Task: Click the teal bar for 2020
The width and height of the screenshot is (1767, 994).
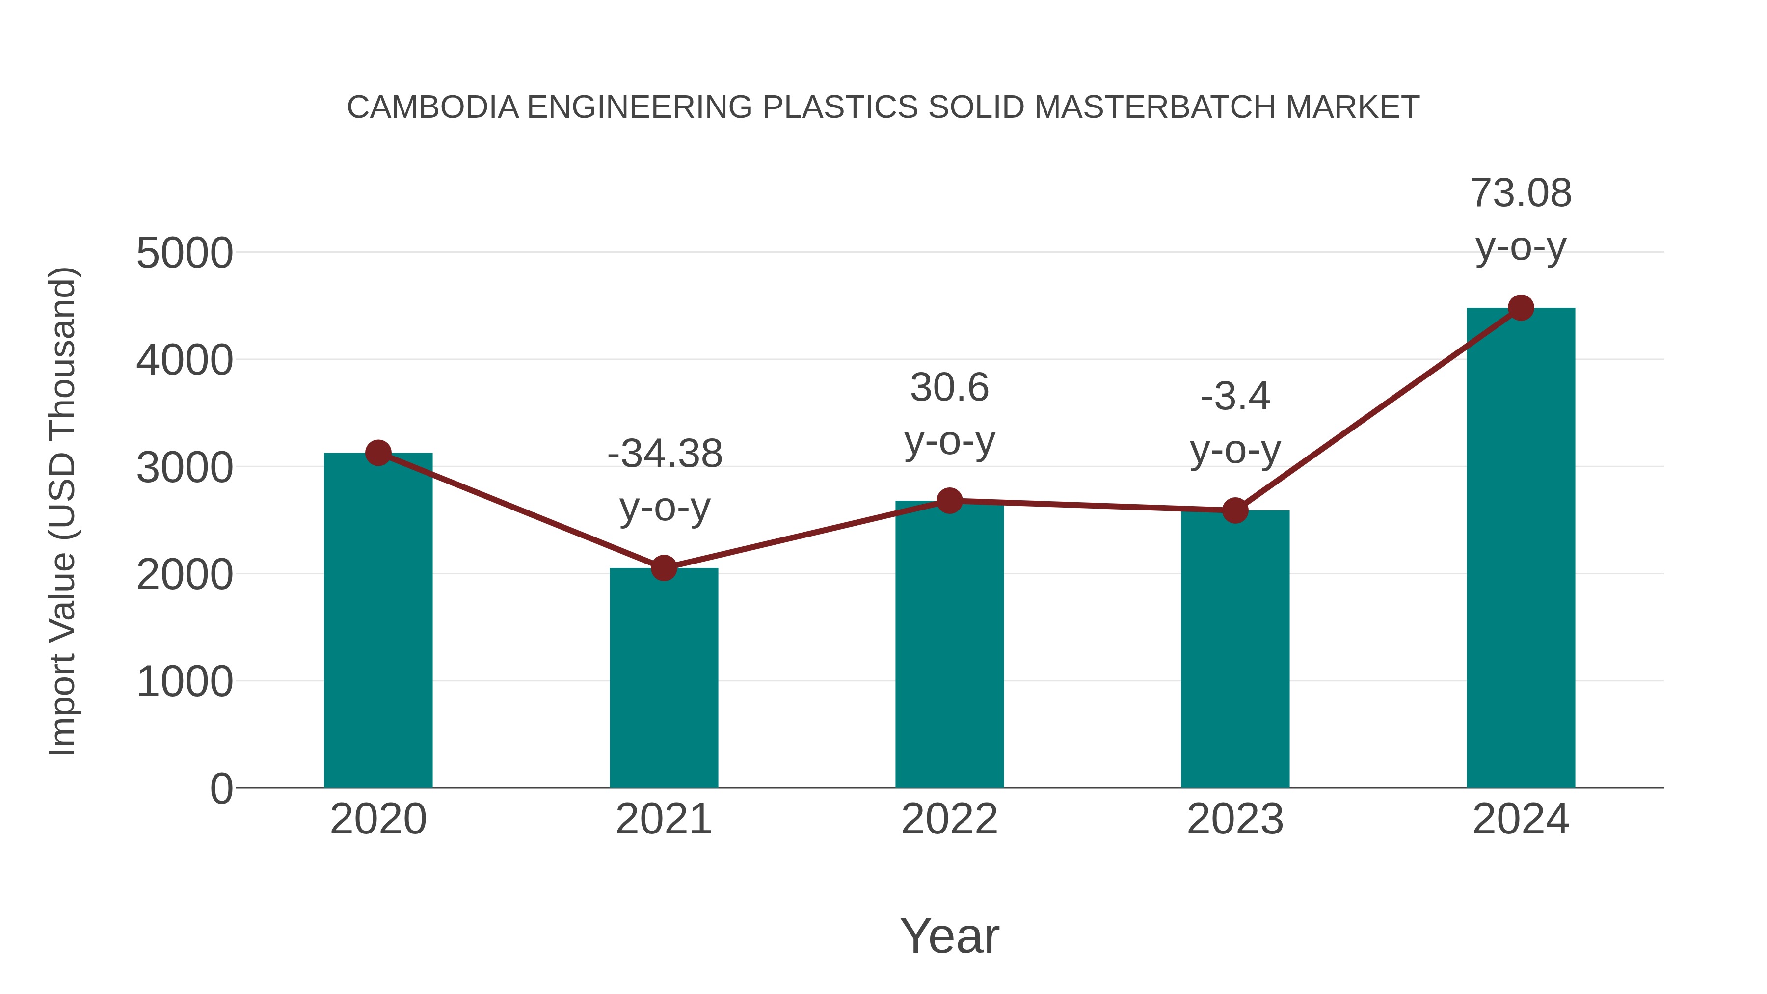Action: point(378,621)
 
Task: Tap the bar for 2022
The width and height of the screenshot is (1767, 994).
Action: point(949,645)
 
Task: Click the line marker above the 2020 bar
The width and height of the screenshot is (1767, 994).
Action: point(378,453)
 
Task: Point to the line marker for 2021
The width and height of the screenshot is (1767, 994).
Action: point(663,568)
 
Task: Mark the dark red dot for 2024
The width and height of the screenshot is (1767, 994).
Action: point(1521,308)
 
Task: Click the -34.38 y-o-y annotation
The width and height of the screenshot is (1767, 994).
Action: point(665,480)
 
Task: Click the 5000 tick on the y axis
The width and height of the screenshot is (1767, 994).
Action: point(185,253)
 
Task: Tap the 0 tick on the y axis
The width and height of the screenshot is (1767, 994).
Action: point(221,789)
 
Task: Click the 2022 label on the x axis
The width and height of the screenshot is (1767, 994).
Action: point(949,819)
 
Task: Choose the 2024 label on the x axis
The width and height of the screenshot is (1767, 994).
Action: point(1521,819)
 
